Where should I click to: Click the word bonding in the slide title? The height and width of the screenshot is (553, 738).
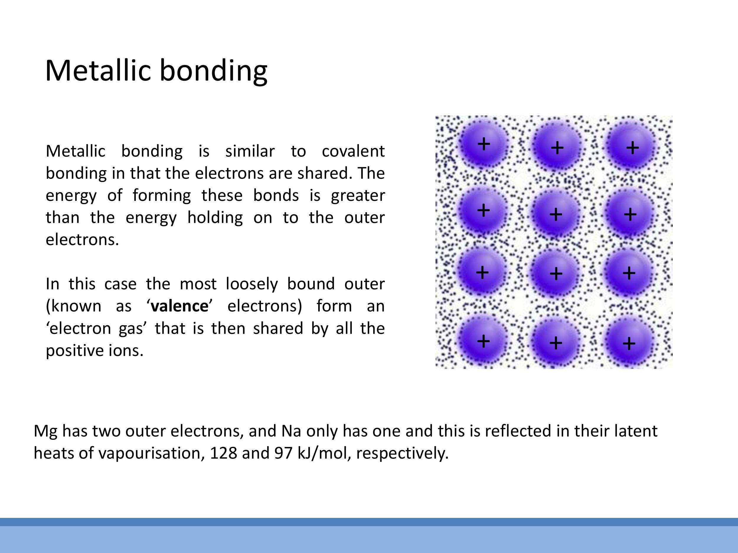(x=213, y=71)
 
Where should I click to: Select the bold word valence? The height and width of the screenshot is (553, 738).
(x=179, y=306)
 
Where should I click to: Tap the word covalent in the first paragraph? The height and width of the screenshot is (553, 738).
(x=353, y=151)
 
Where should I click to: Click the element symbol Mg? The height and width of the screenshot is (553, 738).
(x=45, y=431)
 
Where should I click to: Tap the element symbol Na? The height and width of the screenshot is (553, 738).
(x=291, y=431)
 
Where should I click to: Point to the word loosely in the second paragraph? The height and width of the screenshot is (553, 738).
(x=252, y=284)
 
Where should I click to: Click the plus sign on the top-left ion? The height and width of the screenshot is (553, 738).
(x=484, y=144)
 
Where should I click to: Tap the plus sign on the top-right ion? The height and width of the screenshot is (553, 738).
(x=632, y=148)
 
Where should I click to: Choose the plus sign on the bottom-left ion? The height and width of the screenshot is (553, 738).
(x=484, y=341)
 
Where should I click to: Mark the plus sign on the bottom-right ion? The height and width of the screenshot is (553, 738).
(x=629, y=343)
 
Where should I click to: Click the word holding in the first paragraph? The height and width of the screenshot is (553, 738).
(x=215, y=218)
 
